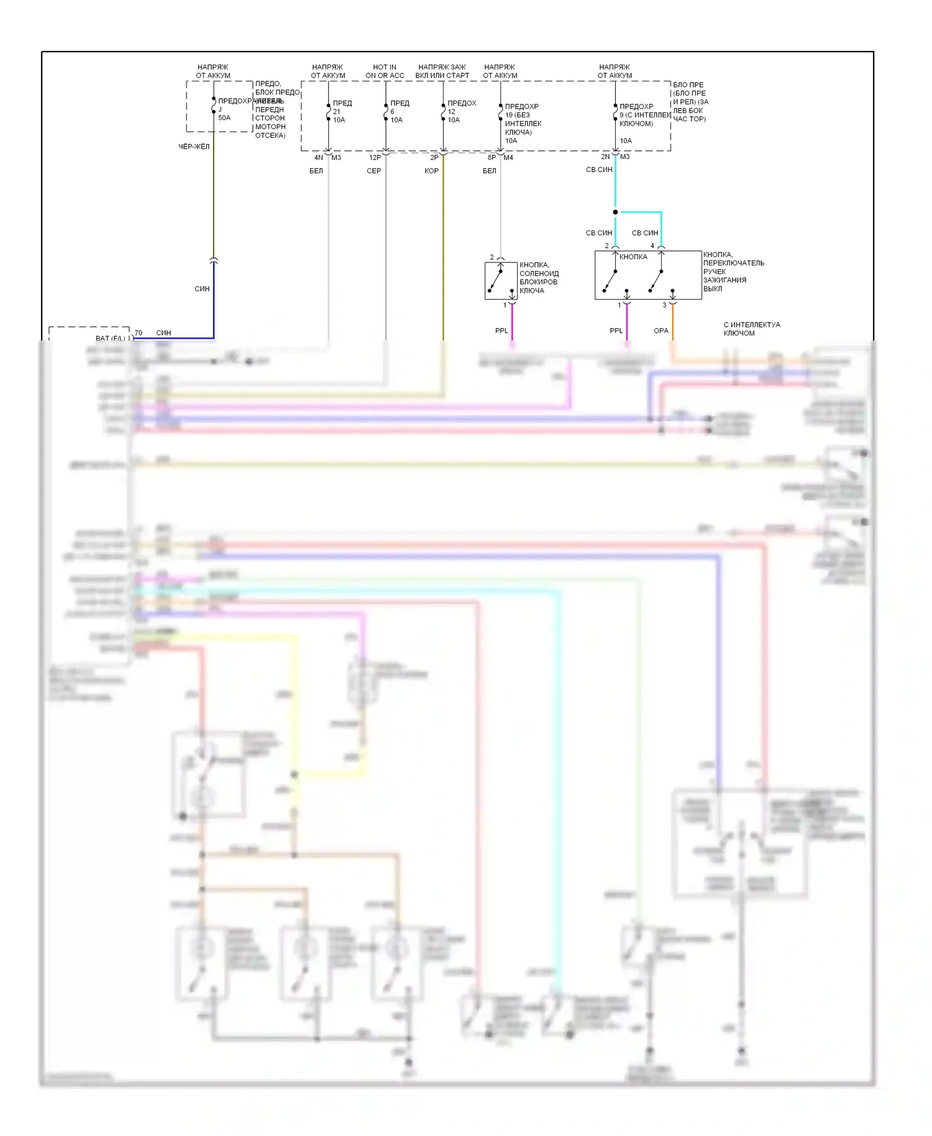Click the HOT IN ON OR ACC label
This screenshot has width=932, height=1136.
pyautogui.click(x=385, y=71)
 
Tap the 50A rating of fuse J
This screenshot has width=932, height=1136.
pyautogui.click(x=224, y=117)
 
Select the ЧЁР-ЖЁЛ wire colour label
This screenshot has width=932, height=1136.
pyautogui.click(x=194, y=147)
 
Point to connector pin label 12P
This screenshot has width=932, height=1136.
pyautogui.click(x=375, y=158)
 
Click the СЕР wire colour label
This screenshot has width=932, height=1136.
pyautogui.click(x=373, y=171)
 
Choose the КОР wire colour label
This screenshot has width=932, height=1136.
pyautogui.click(x=431, y=171)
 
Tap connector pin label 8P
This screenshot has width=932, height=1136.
pyautogui.click(x=491, y=158)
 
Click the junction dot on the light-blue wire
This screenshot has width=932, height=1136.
pyautogui.click(x=615, y=213)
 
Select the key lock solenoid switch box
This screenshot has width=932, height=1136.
pyautogui.click(x=501, y=281)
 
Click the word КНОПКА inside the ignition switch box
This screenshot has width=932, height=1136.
pyautogui.click(x=633, y=257)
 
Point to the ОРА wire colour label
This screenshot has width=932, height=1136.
pyautogui.click(x=661, y=331)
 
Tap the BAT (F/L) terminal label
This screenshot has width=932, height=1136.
pyautogui.click(x=110, y=339)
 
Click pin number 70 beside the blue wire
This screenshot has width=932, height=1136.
pyautogui.click(x=138, y=333)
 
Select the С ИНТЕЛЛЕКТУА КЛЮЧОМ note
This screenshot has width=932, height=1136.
pyautogui.click(x=752, y=329)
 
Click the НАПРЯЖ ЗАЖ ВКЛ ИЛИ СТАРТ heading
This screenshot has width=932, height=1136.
pyautogui.click(x=442, y=71)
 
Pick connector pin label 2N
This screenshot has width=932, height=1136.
pyautogui.click(x=605, y=157)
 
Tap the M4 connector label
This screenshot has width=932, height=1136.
pyautogui.click(x=508, y=158)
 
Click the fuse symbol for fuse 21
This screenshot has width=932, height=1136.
pyautogui.click(x=329, y=112)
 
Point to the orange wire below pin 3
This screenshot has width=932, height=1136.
pyautogui.click(x=672, y=323)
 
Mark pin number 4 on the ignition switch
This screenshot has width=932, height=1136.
pyautogui.click(x=652, y=246)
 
